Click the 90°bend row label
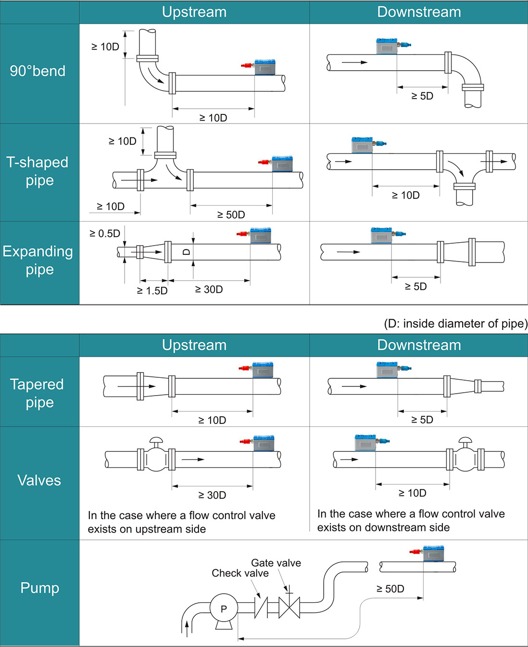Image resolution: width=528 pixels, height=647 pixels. tap(38, 71)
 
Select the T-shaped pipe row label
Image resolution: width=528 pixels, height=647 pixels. tap(38, 171)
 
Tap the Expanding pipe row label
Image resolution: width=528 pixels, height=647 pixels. tap(38, 260)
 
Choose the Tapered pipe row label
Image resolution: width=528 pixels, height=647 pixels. tap(37, 393)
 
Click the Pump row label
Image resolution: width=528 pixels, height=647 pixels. tap(39, 588)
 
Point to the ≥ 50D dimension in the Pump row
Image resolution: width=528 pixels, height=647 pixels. tap(390, 589)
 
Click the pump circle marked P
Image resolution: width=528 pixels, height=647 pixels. tap(224, 609)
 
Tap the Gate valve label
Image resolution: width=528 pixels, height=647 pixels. tap(276, 563)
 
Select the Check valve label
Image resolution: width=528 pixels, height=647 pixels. tap(240, 573)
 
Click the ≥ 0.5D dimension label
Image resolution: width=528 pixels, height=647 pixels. tap(105, 234)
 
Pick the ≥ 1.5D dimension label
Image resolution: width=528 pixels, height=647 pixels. tap(152, 291)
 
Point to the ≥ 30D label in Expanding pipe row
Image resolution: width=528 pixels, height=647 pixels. tap(209, 289)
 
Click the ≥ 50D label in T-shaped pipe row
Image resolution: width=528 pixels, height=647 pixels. tap(231, 215)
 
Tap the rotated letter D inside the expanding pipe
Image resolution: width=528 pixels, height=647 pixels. tap(187, 252)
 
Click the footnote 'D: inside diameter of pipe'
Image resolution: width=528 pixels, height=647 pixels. tap(455, 323)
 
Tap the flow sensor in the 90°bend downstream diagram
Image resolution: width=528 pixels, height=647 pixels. tap(387, 47)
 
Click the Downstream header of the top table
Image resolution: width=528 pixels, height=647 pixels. tap(419, 12)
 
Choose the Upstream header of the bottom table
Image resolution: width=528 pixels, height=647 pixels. tap(194, 345)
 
